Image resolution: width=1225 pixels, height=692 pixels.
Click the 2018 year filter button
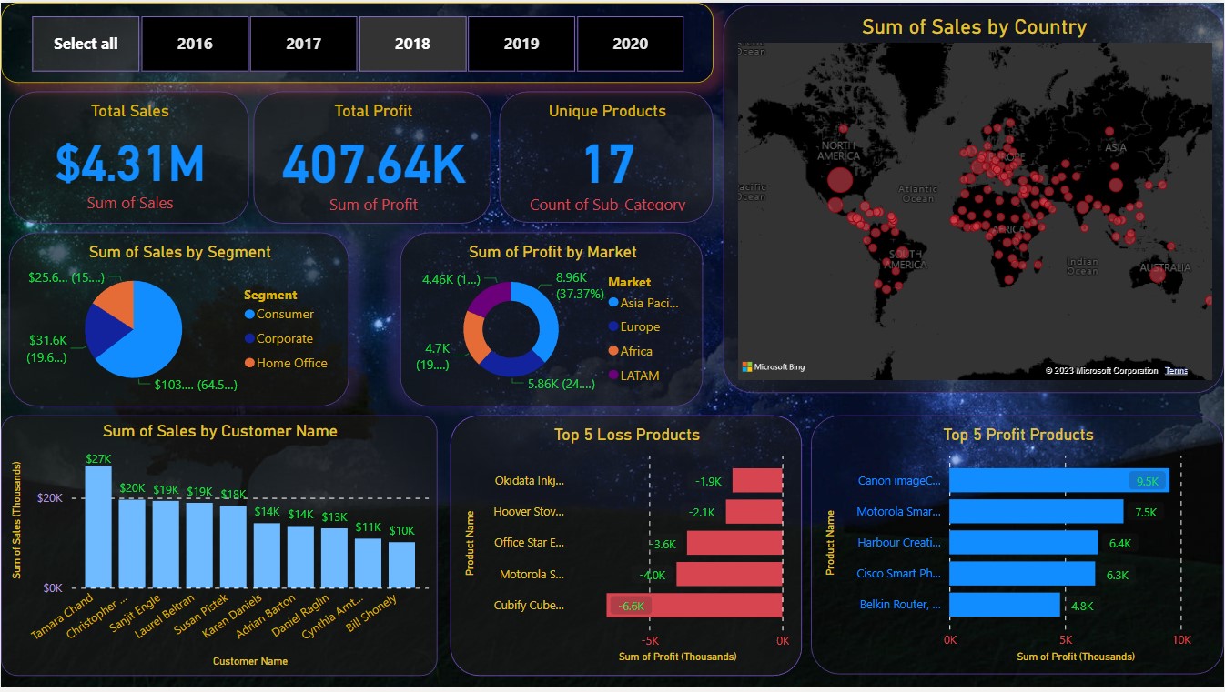(412, 44)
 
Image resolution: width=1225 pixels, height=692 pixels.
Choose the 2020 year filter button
(630, 44)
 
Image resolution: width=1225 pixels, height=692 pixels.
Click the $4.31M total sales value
(129, 164)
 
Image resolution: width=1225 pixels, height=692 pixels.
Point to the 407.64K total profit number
(373, 164)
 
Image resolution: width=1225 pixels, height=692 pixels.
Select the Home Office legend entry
(291, 363)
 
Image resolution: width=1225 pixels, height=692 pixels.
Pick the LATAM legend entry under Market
(639, 376)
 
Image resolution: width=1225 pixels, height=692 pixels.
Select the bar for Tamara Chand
(98, 527)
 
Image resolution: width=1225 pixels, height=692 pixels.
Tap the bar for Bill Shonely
(401, 565)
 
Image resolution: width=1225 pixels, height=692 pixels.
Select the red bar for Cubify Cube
(694, 606)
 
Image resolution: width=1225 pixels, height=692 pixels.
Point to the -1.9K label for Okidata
(708, 481)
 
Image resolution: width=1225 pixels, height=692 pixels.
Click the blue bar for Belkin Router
(1005, 605)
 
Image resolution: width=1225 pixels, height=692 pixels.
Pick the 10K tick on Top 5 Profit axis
(1180, 640)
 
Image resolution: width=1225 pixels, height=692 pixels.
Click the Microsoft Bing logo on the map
(774, 367)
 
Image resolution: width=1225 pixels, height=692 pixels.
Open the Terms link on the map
(1176, 371)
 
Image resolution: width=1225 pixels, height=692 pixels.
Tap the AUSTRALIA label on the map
(1164, 268)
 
